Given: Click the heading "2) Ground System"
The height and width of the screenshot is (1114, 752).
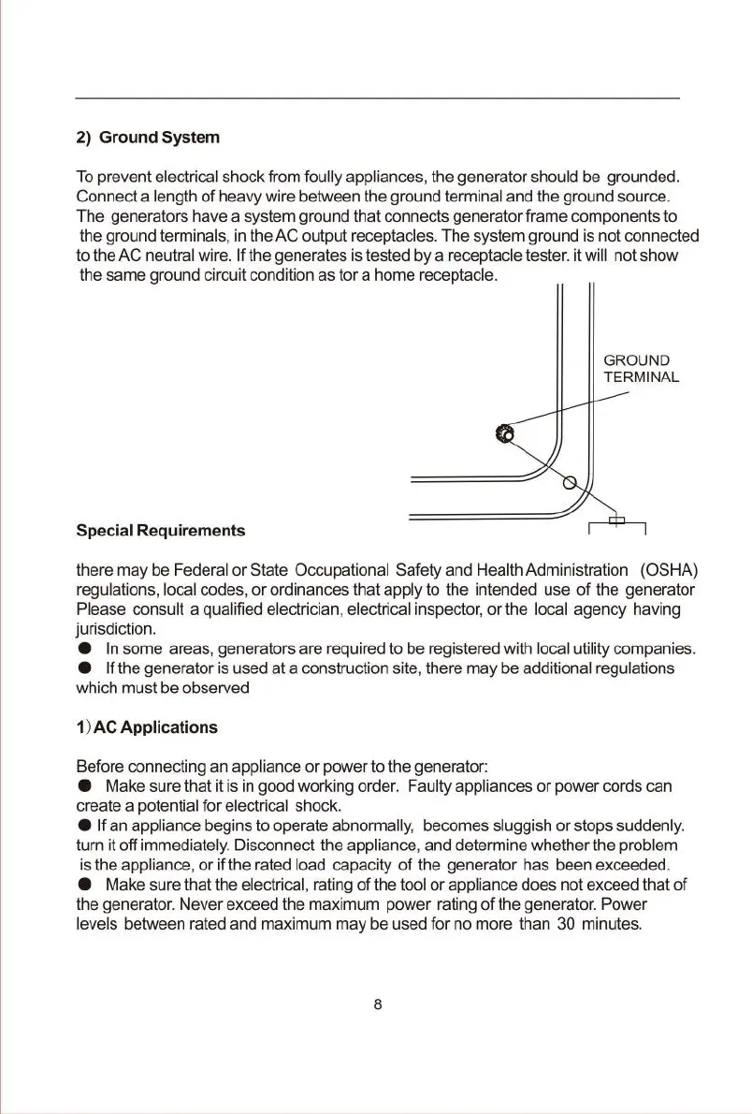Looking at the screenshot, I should (148, 139).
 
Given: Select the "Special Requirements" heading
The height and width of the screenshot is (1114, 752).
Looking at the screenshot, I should (160, 531).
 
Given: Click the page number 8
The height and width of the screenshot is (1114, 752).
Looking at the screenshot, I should (377, 1005).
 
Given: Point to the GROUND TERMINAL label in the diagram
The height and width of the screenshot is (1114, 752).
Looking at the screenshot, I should (641, 369).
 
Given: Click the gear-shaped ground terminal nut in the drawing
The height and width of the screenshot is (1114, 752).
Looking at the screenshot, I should (503, 432).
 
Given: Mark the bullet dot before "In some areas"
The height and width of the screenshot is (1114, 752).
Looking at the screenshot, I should (84, 649).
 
